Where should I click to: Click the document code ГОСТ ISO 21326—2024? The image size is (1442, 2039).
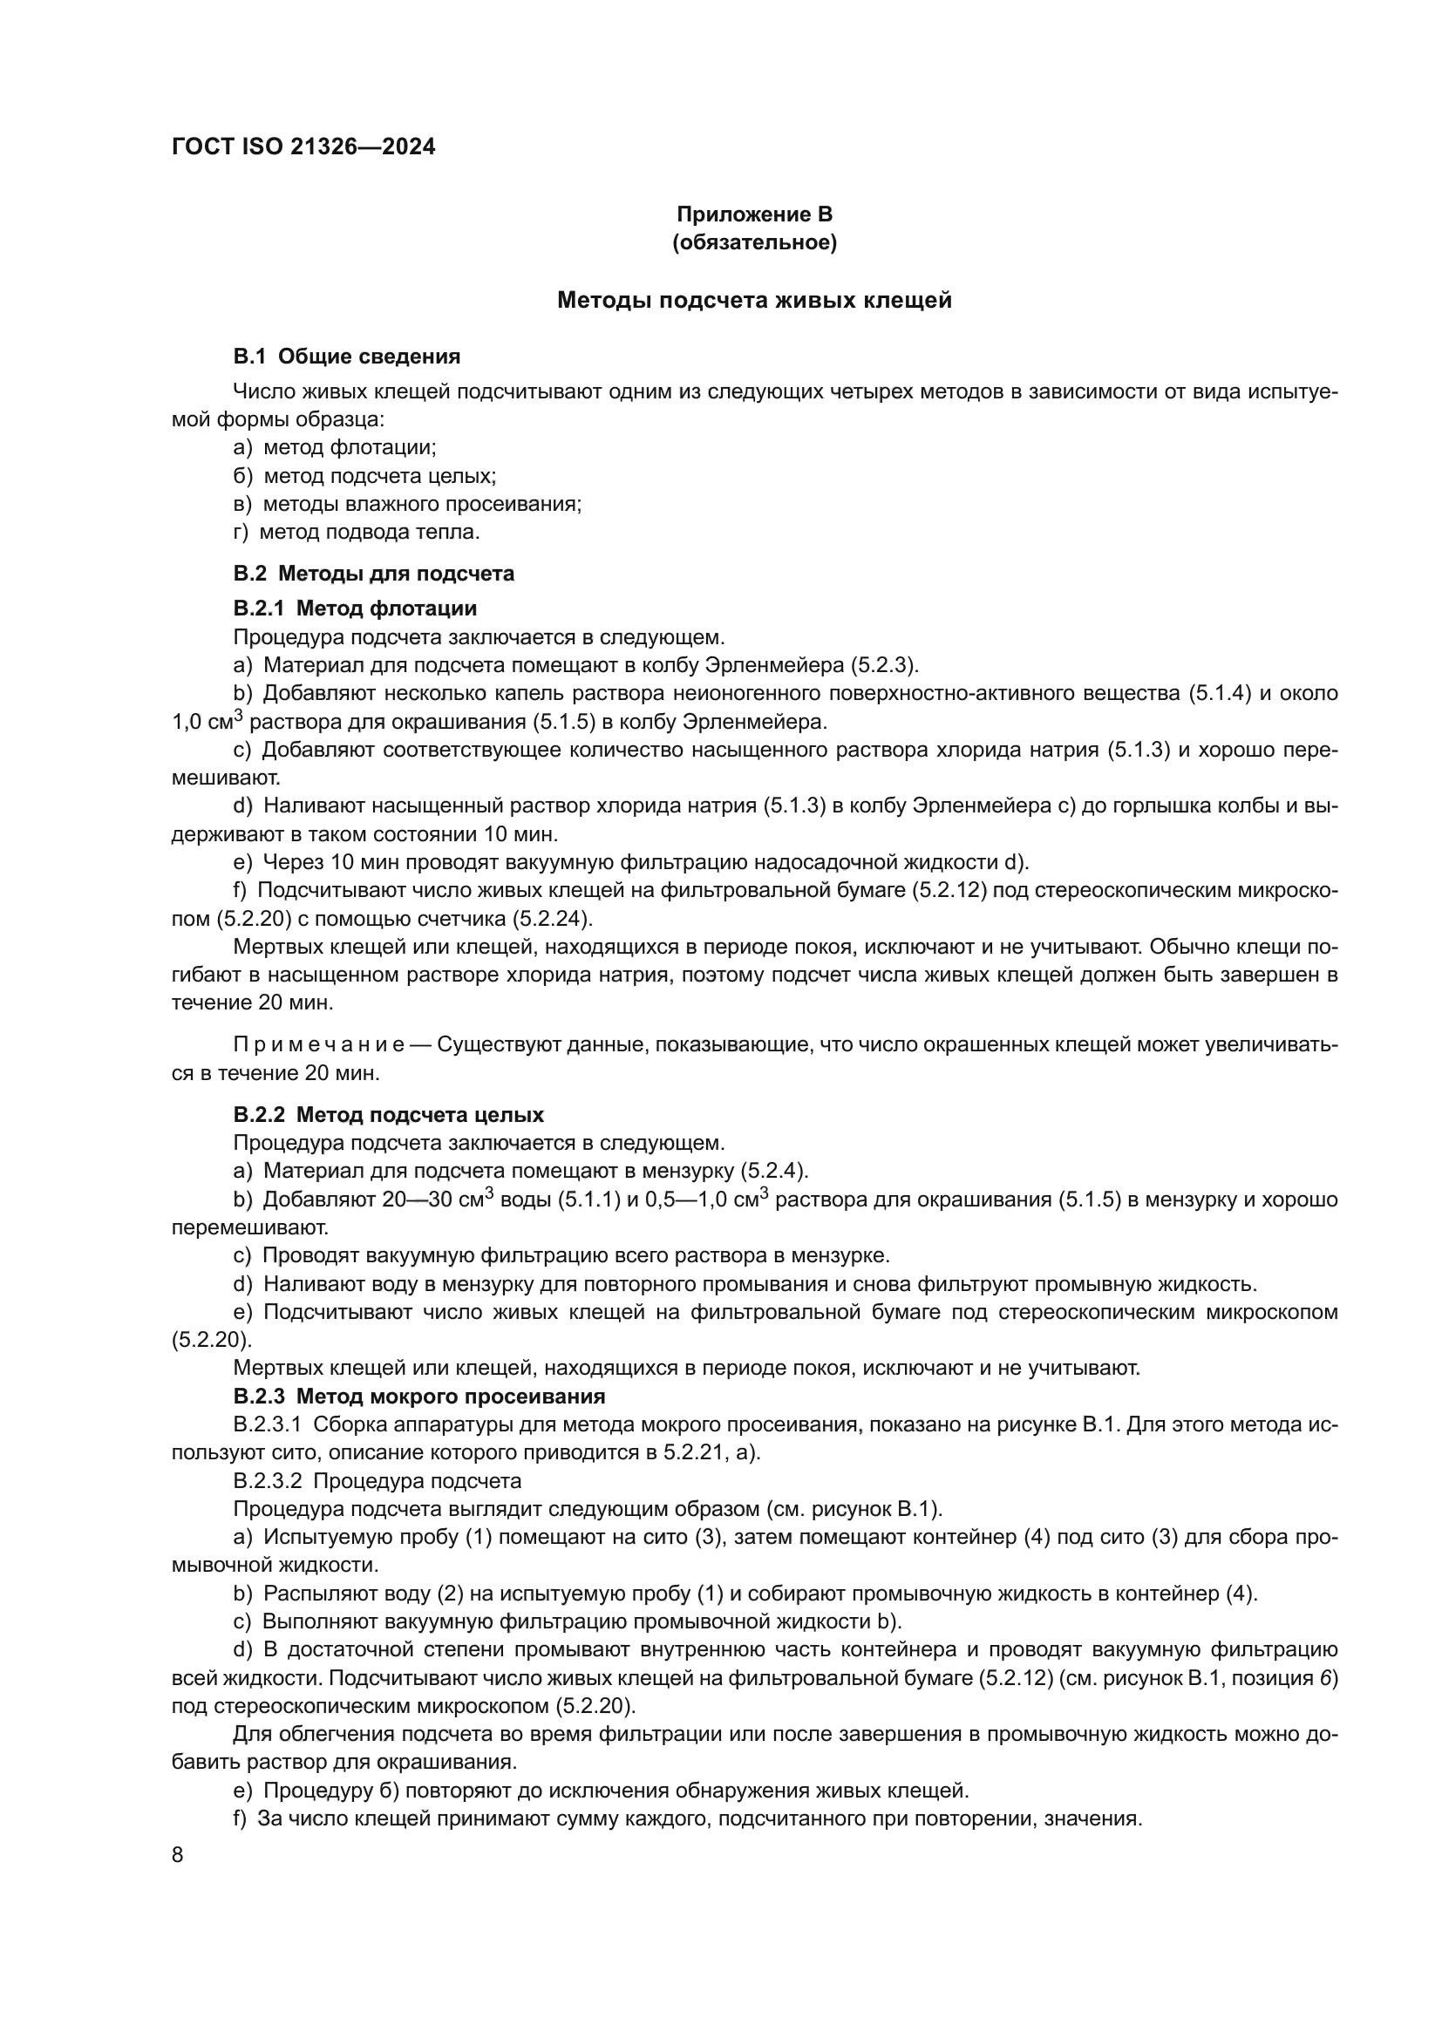click(x=303, y=147)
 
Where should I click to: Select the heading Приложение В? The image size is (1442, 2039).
click(x=754, y=214)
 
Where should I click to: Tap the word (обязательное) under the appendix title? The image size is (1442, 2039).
click(x=754, y=242)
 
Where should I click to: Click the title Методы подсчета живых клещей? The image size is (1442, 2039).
click(x=754, y=300)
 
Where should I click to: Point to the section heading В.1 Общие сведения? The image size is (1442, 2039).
click(x=346, y=357)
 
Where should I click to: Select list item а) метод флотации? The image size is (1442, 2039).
click(x=335, y=447)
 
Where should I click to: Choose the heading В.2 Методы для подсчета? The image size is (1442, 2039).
click(x=374, y=574)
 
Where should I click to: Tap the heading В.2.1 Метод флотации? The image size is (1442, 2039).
click(x=355, y=608)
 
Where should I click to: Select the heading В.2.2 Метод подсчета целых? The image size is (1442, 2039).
click(x=389, y=1115)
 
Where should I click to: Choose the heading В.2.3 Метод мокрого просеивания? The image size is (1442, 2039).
click(x=419, y=1397)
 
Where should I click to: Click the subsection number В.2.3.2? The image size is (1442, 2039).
click(x=269, y=1481)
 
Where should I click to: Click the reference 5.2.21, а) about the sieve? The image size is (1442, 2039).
click(x=711, y=1453)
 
